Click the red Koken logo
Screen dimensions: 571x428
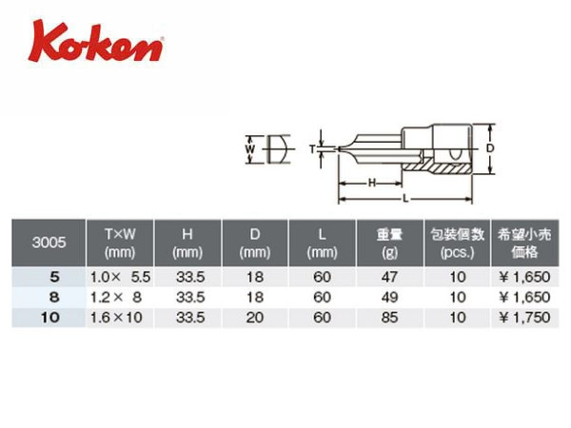point(95,42)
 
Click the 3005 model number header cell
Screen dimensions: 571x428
point(49,243)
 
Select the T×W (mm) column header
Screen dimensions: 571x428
point(120,243)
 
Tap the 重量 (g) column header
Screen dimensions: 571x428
point(389,243)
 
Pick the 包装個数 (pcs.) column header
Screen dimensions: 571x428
point(458,243)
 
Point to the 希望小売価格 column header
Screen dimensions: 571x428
point(524,243)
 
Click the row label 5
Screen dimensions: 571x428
point(54,278)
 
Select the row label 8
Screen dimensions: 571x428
point(54,298)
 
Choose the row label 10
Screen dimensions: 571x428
point(50,318)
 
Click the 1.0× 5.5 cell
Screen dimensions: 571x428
point(120,278)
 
